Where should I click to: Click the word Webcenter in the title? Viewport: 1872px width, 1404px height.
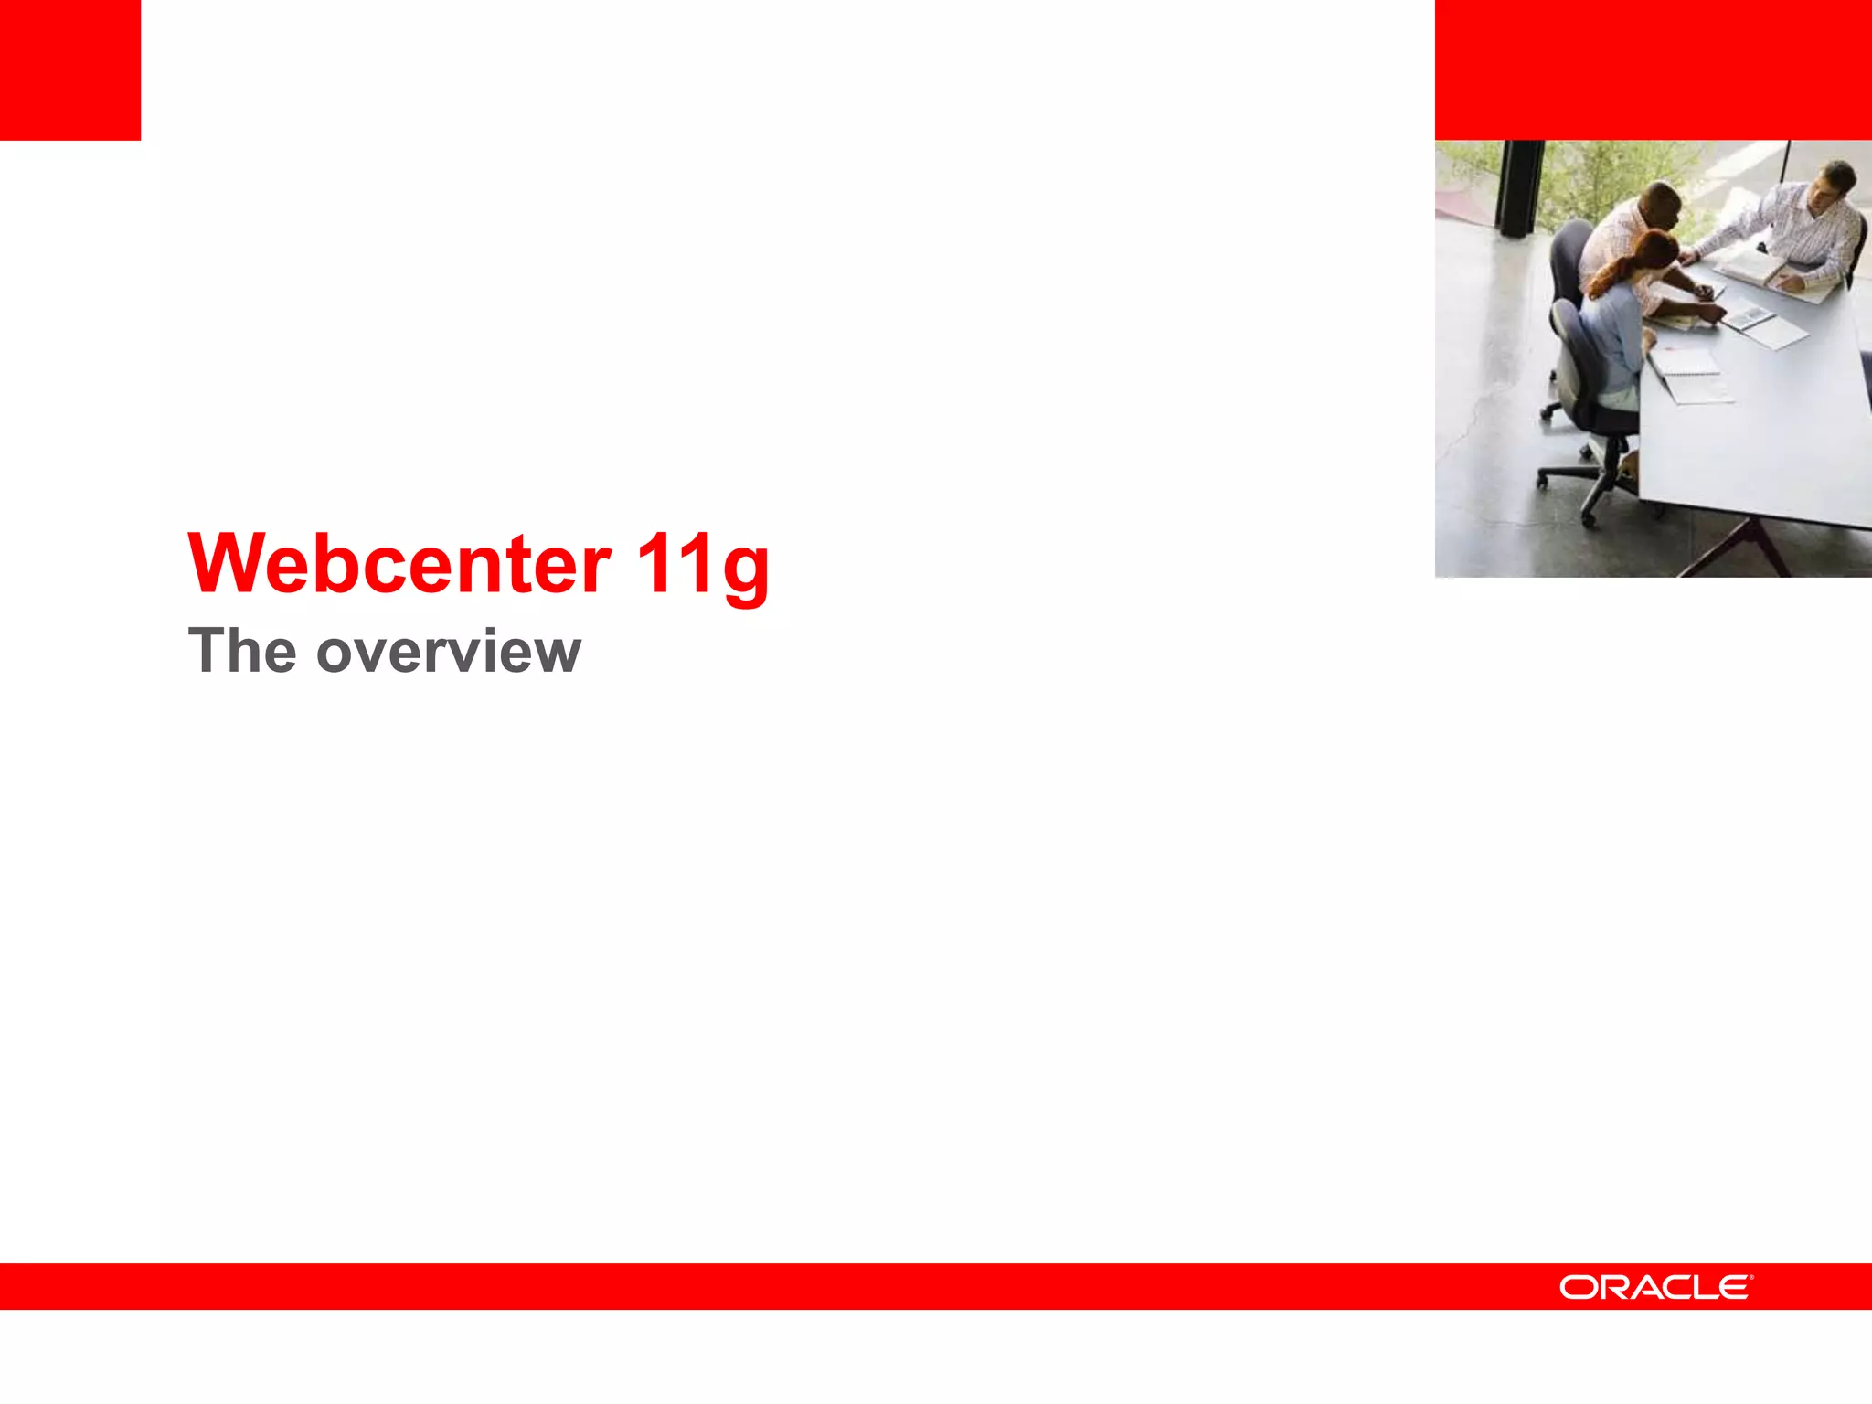pyautogui.click(x=399, y=564)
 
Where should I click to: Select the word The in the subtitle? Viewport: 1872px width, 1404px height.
pyautogui.click(x=242, y=651)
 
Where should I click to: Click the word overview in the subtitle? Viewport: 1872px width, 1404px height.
pyautogui.click(x=448, y=653)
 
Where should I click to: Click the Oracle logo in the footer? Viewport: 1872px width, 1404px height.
pyautogui.click(x=1655, y=1287)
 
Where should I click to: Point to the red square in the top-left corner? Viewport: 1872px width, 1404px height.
pyautogui.click(x=70, y=69)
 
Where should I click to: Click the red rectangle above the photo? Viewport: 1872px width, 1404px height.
pyautogui.click(x=1653, y=69)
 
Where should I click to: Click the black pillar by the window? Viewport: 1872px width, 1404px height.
pyautogui.click(x=1517, y=187)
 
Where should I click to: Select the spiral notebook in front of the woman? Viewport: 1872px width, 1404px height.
pyautogui.click(x=1686, y=361)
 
